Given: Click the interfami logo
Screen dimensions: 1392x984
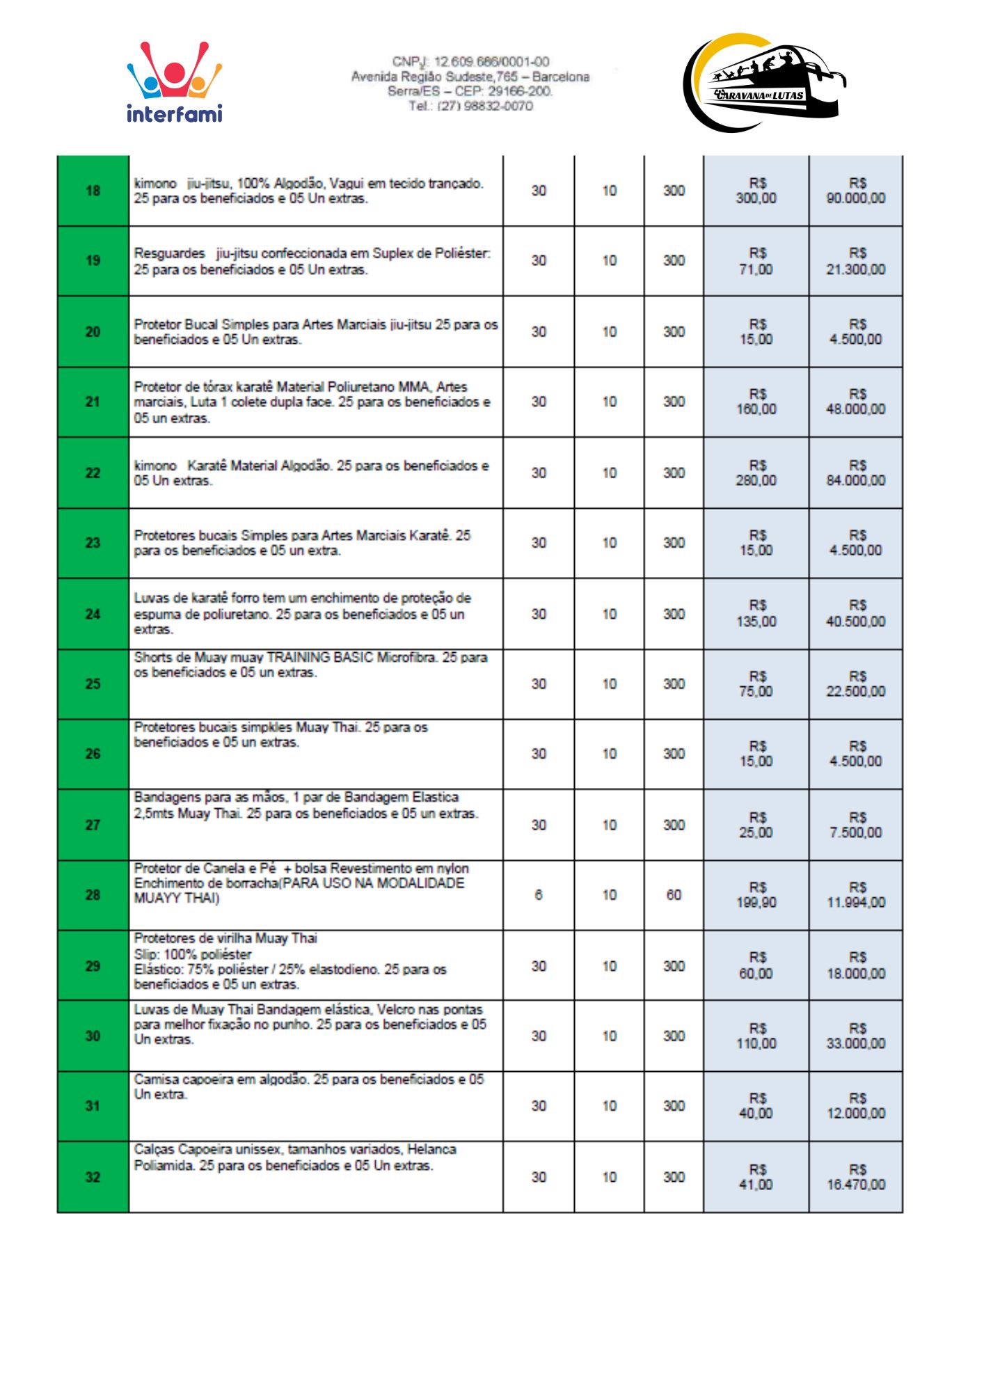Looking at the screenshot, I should (174, 82).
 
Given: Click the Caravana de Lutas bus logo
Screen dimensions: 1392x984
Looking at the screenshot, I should (764, 83).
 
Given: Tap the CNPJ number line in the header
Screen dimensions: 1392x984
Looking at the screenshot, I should (470, 62).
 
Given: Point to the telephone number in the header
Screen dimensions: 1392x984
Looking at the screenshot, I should (470, 106).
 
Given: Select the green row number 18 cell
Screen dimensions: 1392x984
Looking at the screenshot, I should (93, 191).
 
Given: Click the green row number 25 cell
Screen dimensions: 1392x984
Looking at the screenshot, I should (93, 684).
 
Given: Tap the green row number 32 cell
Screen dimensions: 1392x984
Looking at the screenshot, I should (93, 1177).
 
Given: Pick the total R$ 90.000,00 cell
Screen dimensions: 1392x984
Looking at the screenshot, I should (856, 191).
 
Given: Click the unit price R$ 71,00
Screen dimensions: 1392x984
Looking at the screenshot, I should (756, 262).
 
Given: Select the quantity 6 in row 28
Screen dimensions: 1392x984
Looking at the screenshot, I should (539, 895).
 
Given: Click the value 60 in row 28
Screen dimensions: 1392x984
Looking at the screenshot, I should (674, 895).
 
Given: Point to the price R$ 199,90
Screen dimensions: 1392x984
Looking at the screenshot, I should (756, 896).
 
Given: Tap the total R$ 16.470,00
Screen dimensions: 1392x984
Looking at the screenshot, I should (856, 1178).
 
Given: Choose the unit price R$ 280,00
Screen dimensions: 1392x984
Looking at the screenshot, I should (756, 473).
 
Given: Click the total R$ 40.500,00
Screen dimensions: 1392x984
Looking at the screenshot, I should (856, 614).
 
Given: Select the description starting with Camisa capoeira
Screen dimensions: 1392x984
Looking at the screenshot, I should (309, 1086).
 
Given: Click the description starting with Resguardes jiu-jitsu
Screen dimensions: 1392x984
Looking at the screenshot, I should (312, 261).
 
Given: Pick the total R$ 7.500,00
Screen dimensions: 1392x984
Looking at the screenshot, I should (856, 825).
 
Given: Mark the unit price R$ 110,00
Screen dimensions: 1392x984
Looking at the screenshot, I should (756, 1036).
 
